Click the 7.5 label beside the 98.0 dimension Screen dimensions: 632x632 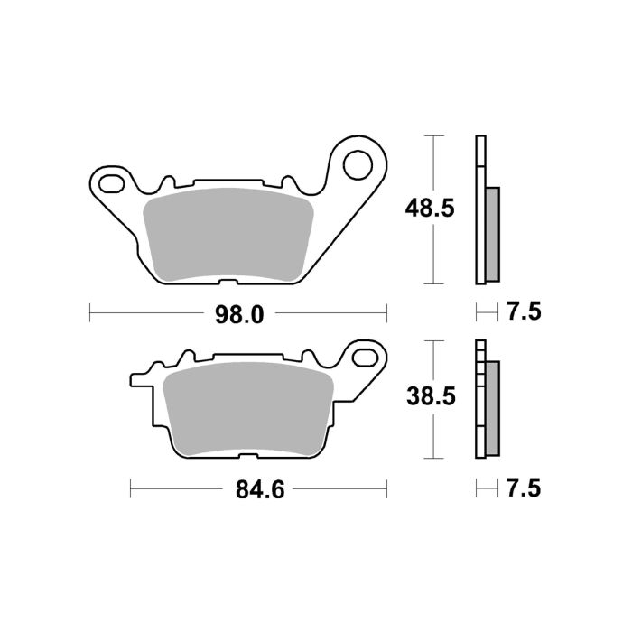(524, 313)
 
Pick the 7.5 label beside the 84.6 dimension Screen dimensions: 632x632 (524, 490)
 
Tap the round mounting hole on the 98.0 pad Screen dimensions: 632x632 (358, 164)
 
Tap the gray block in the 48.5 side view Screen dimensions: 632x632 (492, 233)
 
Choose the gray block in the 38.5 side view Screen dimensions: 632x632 (492, 408)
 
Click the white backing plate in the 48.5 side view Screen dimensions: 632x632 (480, 209)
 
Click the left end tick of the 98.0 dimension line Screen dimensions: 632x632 (90, 313)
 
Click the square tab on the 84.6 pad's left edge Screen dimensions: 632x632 (138, 376)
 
